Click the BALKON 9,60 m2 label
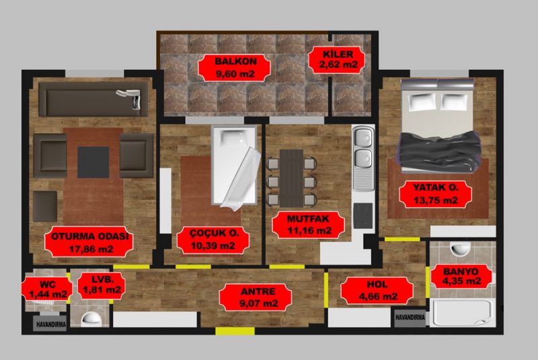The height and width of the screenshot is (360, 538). pyautogui.click(x=235, y=67)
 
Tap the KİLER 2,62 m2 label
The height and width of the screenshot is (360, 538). pyautogui.click(x=338, y=59)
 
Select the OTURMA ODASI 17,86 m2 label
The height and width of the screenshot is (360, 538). pyautogui.click(x=89, y=242)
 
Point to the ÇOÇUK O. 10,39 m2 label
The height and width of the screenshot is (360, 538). pyautogui.click(x=213, y=240)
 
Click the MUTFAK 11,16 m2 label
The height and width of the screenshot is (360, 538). pyautogui.click(x=309, y=225)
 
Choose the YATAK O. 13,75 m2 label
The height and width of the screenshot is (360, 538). pyautogui.click(x=436, y=194)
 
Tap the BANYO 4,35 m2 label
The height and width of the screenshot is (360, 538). pyautogui.click(x=461, y=277)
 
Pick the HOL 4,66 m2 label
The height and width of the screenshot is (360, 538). pyautogui.click(x=377, y=290)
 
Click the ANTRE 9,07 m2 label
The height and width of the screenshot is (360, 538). pyautogui.click(x=256, y=297)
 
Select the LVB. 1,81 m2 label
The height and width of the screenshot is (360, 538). pyautogui.click(x=102, y=285)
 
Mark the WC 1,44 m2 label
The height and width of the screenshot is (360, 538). pyautogui.click(x=47, y=289)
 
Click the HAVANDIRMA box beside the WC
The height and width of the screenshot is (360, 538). pyautogui.click(x=50, y=324)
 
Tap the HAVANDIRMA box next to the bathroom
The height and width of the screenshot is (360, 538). pyautogui.click(x=410, y=318)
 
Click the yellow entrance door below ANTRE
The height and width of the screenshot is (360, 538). pyautogui.click(x=235, y=331)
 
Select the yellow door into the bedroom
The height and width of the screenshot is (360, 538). pyautogui.click(x=402, y=239)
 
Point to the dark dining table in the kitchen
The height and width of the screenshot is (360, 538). pyautogui.click(x=291, y=178)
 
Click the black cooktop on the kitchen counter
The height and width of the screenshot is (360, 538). pyautogui.click(x=363, y=215)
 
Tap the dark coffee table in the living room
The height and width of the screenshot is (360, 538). pyautogui.click(x=93, y=162)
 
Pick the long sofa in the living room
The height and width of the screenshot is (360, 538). pyautogui.click(x=93, y=99)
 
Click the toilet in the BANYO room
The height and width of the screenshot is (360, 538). pyautogui.click(x=460, y=248)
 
